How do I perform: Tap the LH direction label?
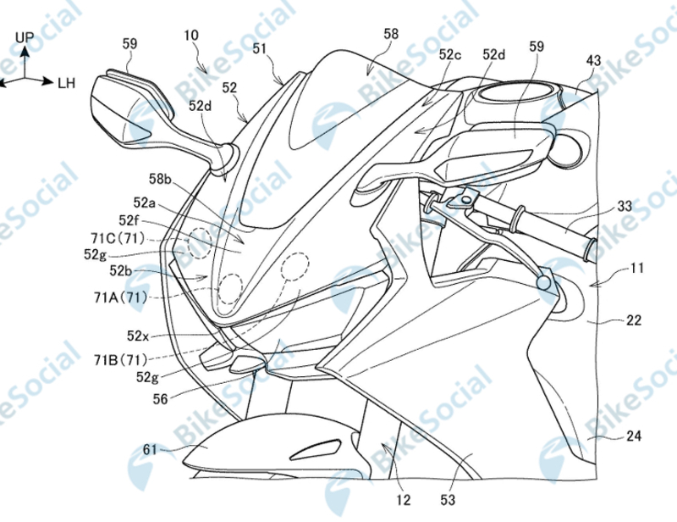coord(67,82)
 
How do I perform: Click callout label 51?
coord(261,50)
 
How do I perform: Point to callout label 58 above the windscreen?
coord(390,33)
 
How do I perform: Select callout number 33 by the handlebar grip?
coord(625,206)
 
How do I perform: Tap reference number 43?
coord(594,61)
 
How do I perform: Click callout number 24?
coord(632,436)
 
